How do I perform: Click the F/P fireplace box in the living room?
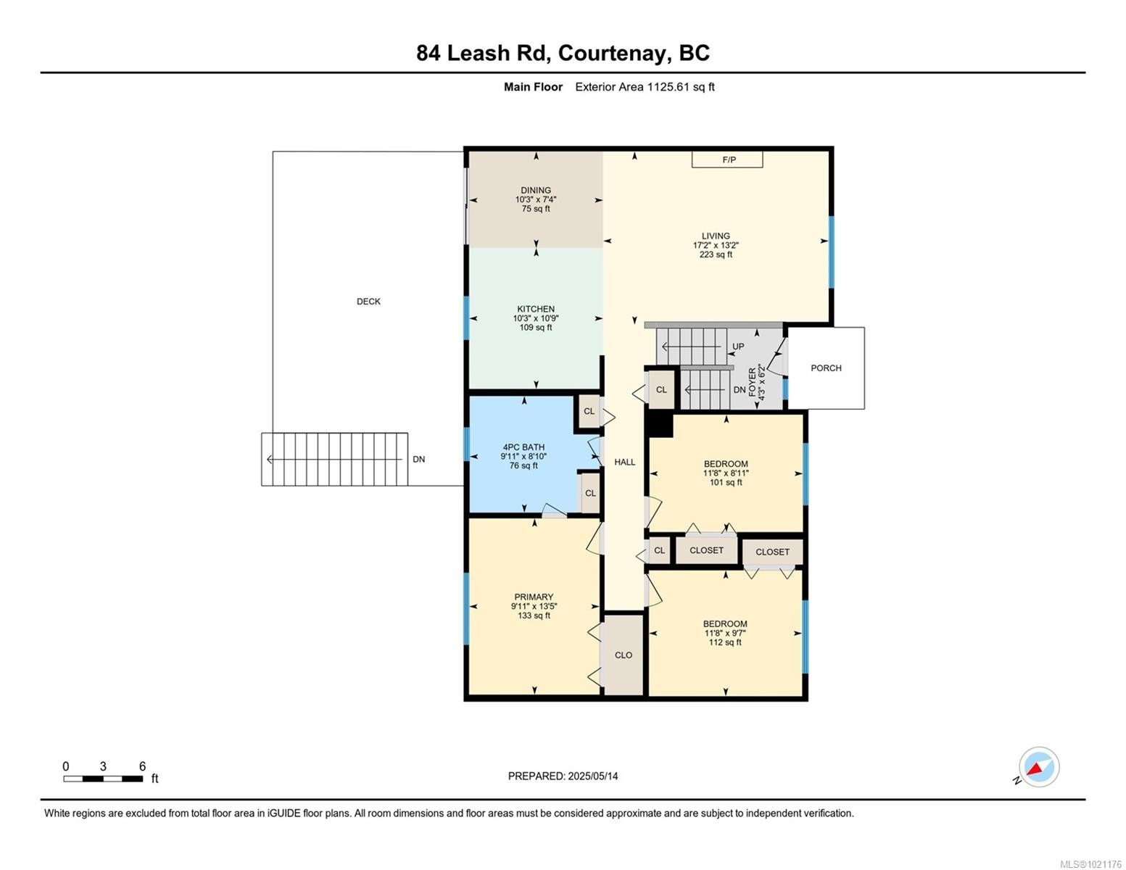point(727,159)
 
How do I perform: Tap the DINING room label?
point(536,191)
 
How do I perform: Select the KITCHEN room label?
point(536,309)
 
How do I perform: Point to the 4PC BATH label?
point(523,447)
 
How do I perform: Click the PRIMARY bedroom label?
point(534,597)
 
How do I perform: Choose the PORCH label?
point(826,368)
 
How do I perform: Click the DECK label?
point(368,302)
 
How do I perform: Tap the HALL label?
point(624,462)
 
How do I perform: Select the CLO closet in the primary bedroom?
point(624,655)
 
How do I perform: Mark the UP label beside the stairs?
point(738,347)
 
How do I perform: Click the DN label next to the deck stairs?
point(419,459)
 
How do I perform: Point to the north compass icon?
point(1038,767)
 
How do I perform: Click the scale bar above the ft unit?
point(103,779)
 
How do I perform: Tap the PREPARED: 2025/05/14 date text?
point(563,776)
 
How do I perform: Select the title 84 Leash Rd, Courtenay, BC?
point(563,53)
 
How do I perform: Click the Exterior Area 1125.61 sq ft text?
point(645,87)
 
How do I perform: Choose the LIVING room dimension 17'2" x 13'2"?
point(716,245)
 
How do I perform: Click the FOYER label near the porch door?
point(752,382)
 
